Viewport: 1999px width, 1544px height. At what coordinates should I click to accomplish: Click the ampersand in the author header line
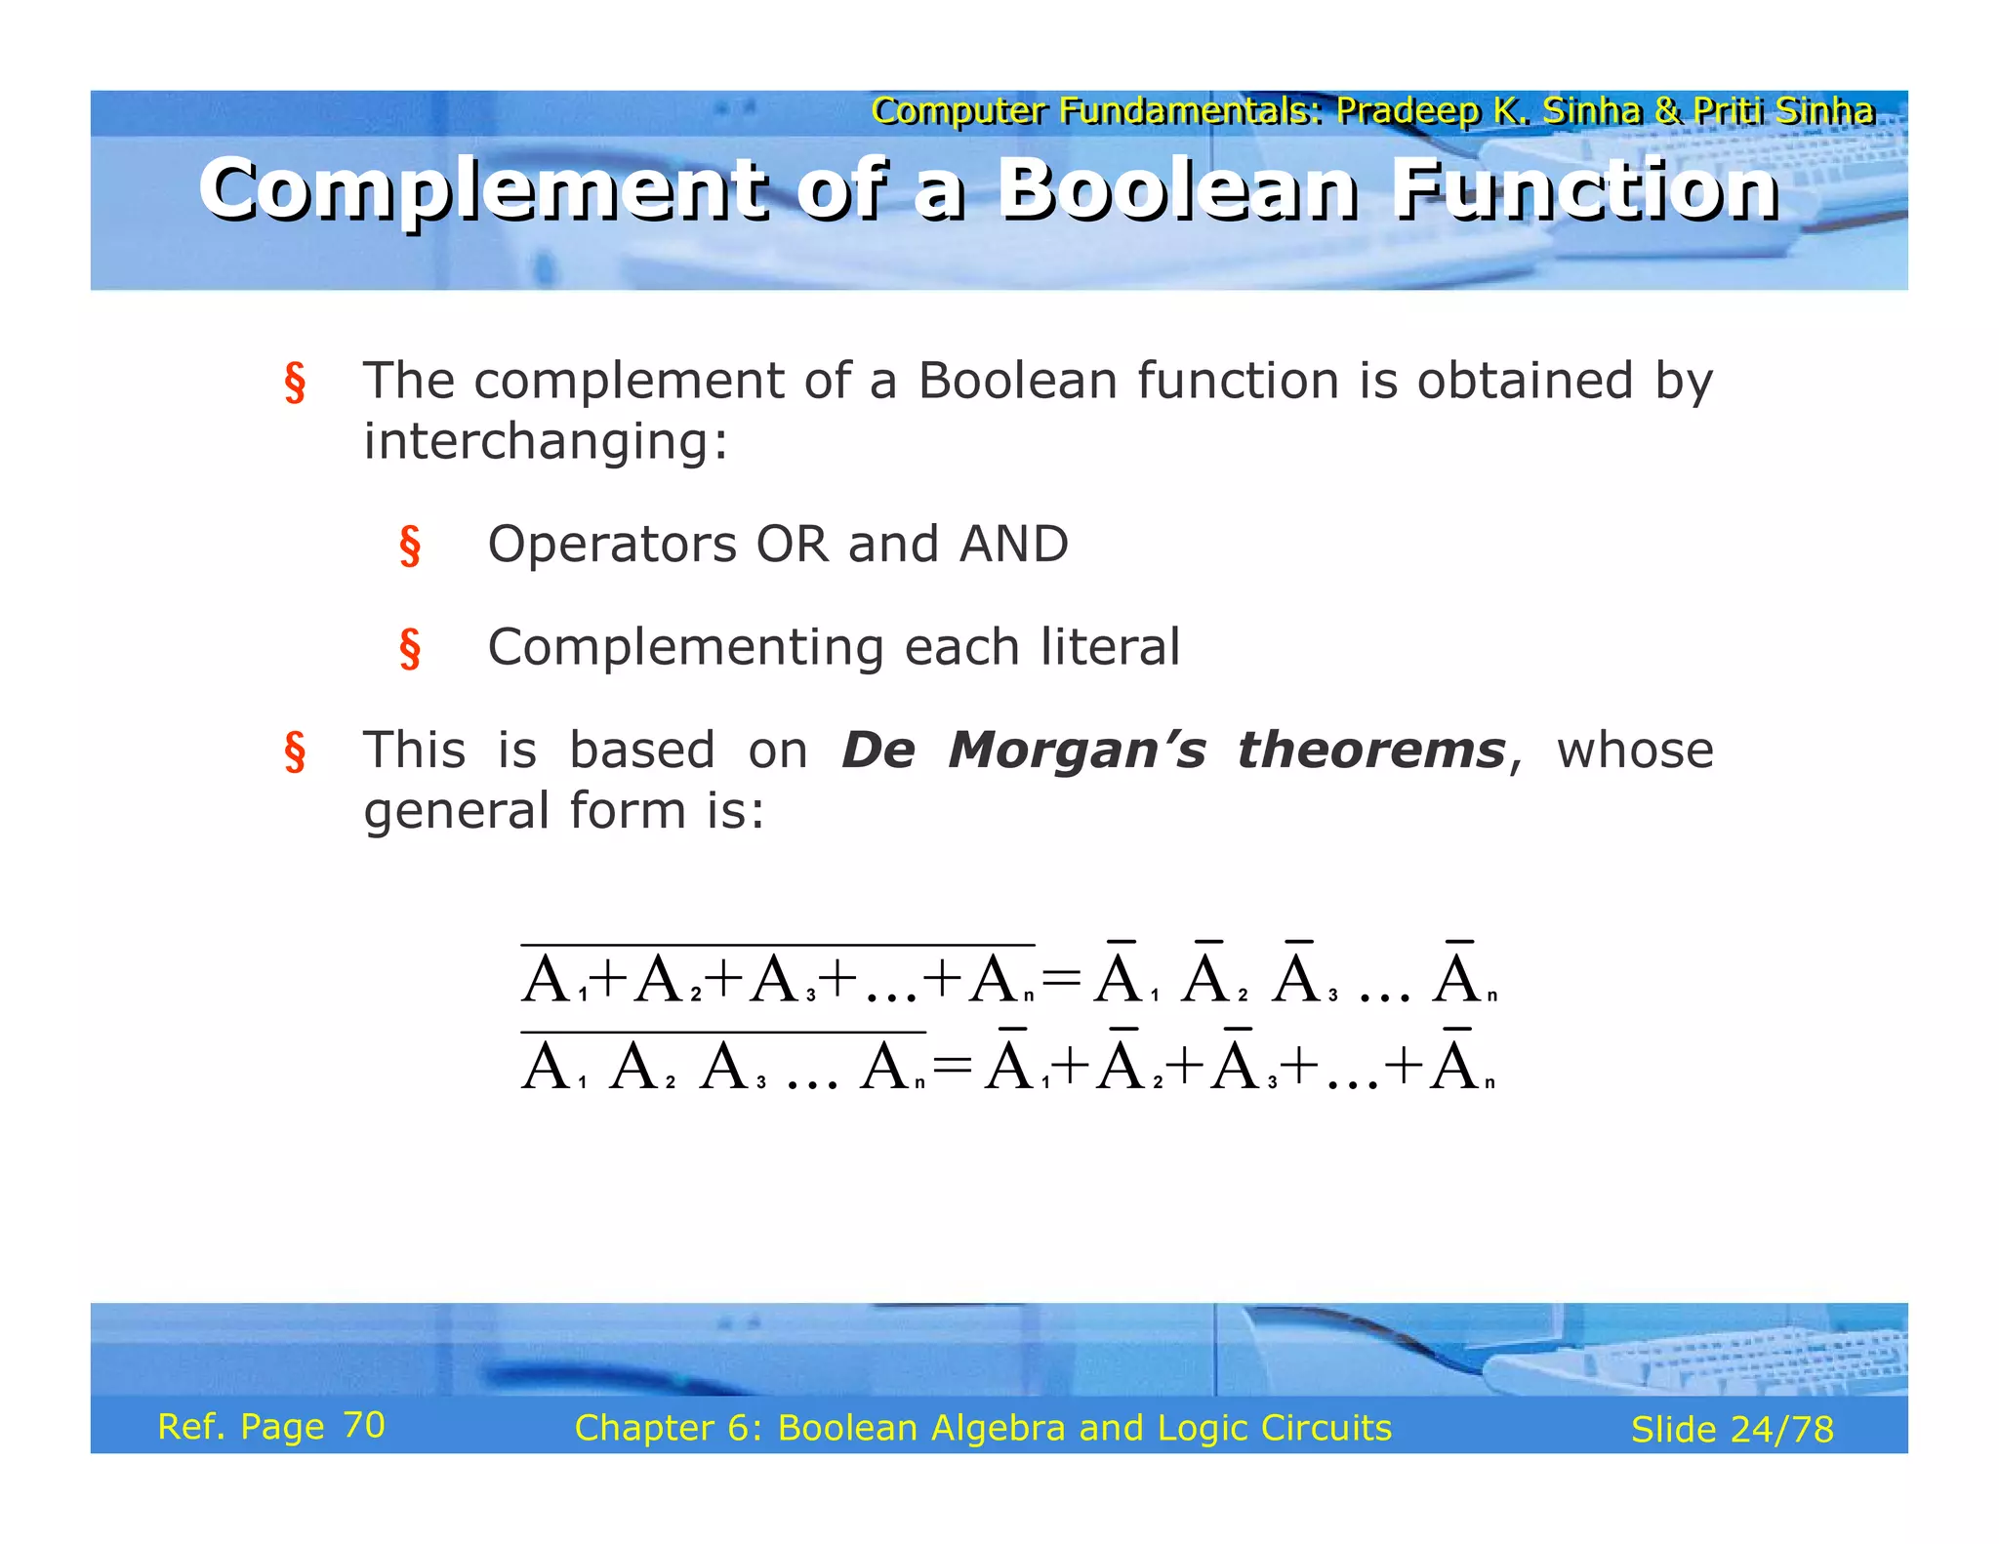pyautogui.click(x=1668, y=111)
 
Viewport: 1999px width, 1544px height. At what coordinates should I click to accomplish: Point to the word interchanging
pyautogui.click(x=545, y=442)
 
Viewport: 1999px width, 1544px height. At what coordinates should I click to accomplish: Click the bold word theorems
pyautogui.click(x=1370, y=751)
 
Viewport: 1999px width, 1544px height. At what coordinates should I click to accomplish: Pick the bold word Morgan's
pyautogui.click(x=1077, y=751)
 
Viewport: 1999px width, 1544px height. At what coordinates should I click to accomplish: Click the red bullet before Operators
pyautogui.click(x=410, y=546)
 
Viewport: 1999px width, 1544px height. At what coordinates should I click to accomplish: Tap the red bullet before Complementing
pyautogui.click(x=410, y=649)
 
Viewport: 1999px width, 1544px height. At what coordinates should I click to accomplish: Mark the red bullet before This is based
pyautogui.click(x=295, y=752)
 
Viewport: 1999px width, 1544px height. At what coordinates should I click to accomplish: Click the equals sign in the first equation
pyautogui.click(x=1062, y=977)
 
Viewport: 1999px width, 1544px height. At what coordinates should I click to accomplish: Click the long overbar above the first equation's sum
pyautogui.click(x=777, y=945)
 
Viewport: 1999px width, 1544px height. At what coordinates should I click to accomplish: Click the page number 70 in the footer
pyautogui.click(x=364, y=1425)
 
